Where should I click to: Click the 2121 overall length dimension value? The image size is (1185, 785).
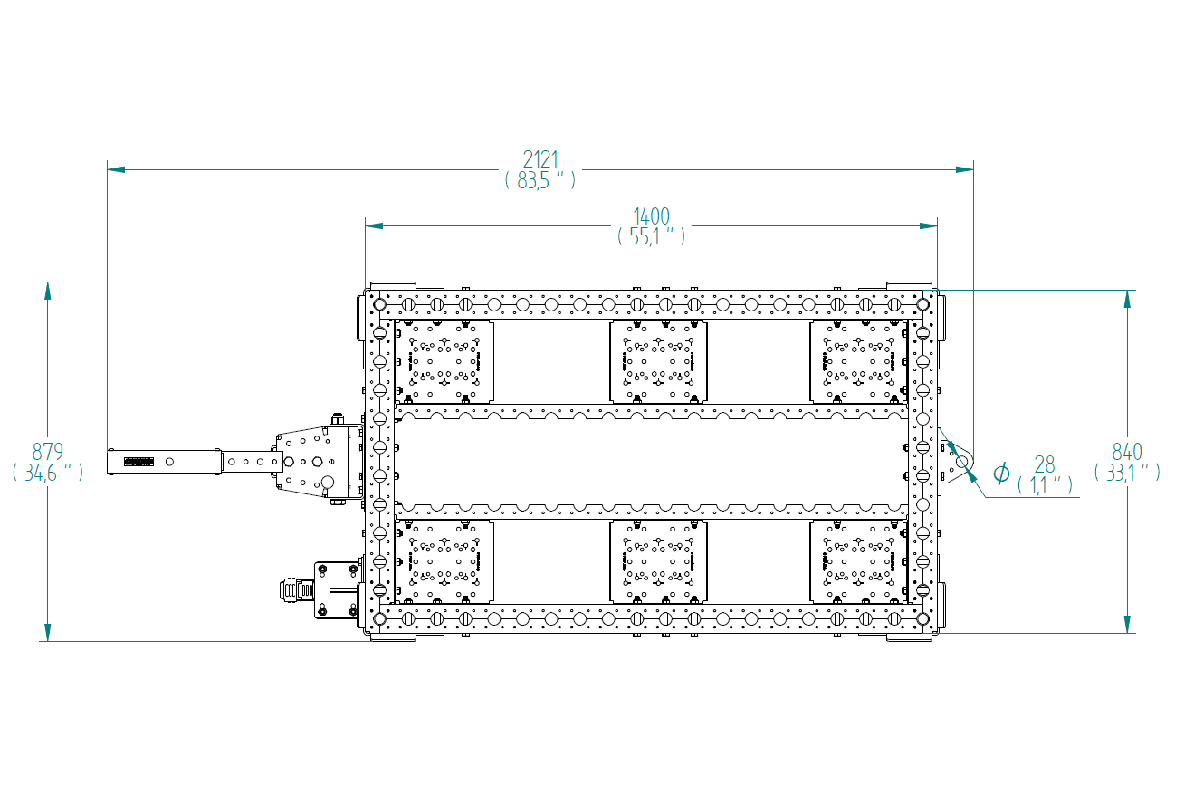(540, 159)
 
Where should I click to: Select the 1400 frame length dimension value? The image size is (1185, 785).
(651, 216)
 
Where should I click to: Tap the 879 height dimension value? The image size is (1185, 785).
(48, 452)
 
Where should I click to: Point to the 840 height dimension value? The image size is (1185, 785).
(1127, 452)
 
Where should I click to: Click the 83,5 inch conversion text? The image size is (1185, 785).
(540, 180)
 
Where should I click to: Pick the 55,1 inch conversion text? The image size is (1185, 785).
(651, 236)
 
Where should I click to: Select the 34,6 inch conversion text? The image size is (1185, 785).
(48, 472)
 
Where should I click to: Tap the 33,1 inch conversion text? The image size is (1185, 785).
(1127, 472)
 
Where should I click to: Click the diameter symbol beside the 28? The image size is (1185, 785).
(1001, 473)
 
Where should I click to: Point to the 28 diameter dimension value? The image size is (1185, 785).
(1045, 465)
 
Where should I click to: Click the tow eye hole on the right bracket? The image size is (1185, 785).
(961, 462)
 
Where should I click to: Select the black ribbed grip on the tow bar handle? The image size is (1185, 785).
(139, 462)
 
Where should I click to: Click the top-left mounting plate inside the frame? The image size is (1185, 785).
(444, 361)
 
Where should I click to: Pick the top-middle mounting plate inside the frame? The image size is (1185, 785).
(658, 361)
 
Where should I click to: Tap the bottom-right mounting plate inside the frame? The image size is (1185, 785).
(858, 561)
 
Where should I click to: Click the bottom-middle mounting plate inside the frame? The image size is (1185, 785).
(658, 561)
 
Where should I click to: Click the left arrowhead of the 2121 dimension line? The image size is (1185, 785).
(116, 170)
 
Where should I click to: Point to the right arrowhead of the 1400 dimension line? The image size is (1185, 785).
(929, 225)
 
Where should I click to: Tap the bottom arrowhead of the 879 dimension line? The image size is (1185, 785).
(48, 633)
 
